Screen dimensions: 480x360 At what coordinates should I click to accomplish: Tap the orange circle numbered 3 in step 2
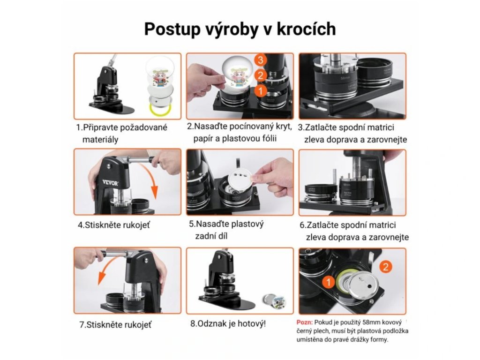click(261, 60)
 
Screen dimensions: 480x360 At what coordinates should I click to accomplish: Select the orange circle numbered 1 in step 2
click(261, 90)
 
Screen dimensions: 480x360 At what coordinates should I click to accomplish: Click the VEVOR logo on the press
click(110, 183)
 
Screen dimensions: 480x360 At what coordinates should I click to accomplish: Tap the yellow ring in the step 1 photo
click(159, 110)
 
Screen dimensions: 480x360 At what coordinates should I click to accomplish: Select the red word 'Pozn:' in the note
click(305, 322)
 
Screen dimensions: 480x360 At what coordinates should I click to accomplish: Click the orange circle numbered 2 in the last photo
click(385, 267)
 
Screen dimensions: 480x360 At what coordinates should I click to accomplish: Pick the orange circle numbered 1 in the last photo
click(329, 282)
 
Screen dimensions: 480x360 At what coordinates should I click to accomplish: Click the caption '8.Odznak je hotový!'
click(228, 323)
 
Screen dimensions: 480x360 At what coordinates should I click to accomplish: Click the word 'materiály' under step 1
click(100, 140)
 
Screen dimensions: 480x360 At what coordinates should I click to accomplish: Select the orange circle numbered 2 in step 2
click(261, 75)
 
